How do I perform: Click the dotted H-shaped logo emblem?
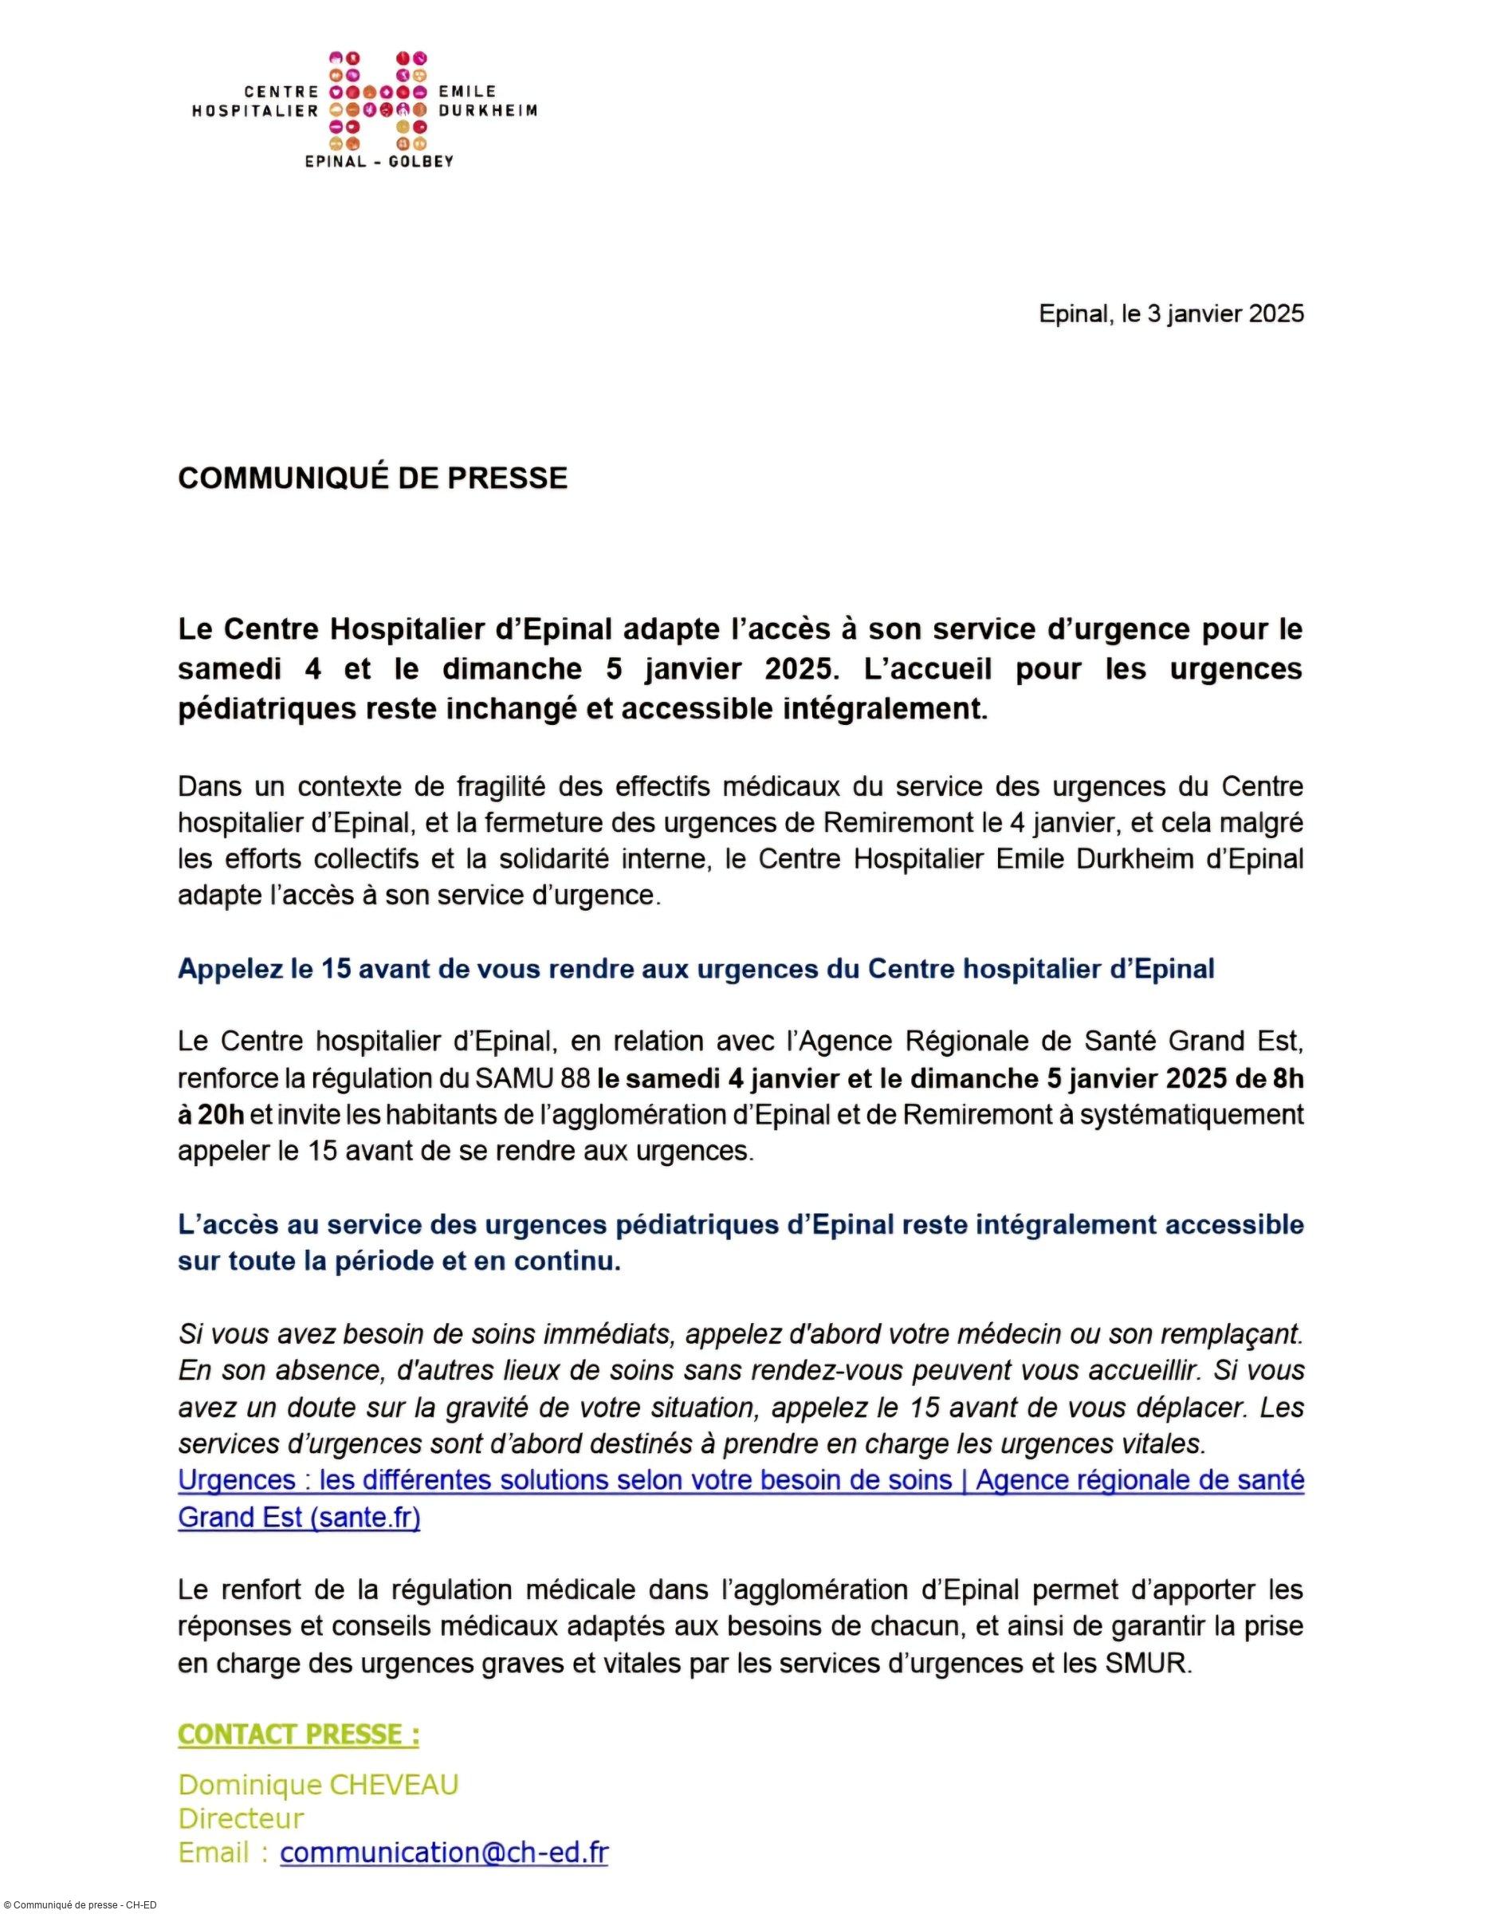click(378, 100)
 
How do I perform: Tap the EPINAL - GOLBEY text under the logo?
click(379, 161)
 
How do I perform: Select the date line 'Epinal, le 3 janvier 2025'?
click(1171, 314)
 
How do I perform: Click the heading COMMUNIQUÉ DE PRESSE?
click(372, 478)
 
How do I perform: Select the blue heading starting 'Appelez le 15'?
click(696, 969)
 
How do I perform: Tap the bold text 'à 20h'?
click(210, 1114)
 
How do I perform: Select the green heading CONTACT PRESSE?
click(298, 1735)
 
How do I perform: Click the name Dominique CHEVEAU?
click(318, 1784)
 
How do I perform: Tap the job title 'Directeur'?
click(241, 1818)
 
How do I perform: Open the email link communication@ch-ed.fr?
click(443, 1853)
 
